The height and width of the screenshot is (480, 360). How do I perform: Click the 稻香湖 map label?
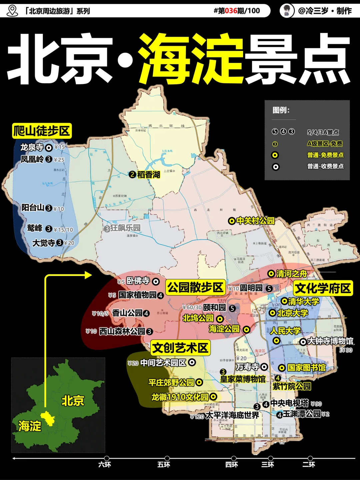coord(149,175)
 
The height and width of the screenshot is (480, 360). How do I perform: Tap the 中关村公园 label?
coord(255,221)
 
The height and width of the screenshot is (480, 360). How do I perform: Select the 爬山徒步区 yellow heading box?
coord(42,131)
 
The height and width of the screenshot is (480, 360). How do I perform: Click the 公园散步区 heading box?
coord(195,287)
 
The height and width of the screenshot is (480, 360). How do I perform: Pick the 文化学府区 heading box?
coord(323,288)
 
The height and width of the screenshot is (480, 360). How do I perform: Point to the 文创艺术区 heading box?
coord(180,348)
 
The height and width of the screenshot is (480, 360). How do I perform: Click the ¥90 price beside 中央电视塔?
coord(316,404)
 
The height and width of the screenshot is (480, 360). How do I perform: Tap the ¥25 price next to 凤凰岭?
coord(59,160)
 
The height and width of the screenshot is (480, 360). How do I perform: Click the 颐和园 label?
coord(215,307)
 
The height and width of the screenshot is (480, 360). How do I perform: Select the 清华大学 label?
coord(304,302)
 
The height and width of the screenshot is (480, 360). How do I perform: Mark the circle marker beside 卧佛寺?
coord(156,282)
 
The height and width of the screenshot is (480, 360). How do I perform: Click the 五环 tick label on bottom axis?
coord(164,465)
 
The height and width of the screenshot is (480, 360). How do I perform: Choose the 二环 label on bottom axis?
coord(309,465)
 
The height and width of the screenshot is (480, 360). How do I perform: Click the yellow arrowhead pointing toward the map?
coord(88,275)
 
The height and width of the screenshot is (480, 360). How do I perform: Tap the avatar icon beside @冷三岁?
coord(286,11)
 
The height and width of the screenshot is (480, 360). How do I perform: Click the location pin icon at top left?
coord(12,11)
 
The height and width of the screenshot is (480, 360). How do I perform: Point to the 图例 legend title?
coord(281,110)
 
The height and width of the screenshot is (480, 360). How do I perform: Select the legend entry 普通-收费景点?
coord(325,166)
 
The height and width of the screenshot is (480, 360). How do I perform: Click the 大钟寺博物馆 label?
coord(330,341)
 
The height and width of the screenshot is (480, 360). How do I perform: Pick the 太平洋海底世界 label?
coord(232,415)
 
